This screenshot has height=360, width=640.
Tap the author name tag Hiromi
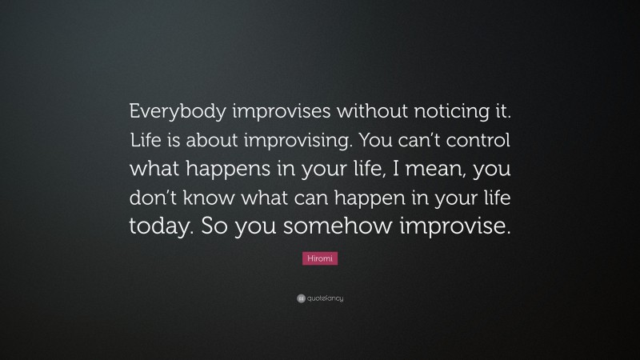point(320,258)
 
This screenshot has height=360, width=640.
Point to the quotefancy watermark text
point(325,298)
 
